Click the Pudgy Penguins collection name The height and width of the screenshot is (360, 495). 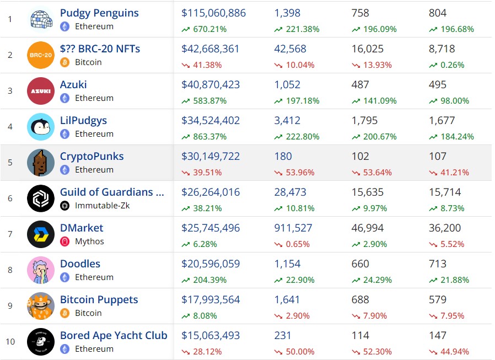coord(99,13)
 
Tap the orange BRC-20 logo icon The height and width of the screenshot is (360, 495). coord(41,55)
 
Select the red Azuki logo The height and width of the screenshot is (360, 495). coord(41,91)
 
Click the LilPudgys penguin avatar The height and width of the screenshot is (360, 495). coord(41,127)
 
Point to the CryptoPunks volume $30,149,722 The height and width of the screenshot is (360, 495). coord(210,156)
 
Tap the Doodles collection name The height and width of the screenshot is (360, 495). coord(80,264)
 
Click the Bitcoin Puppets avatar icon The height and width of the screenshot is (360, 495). coord(41,306)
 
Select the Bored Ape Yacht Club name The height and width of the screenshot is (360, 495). coord(114,335)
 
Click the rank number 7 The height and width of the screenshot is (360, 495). coord(10,234)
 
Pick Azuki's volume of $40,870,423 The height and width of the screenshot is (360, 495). coord(211,84)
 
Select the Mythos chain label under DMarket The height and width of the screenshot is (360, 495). coord(89,241)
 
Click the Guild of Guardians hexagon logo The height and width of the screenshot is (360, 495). coord(41,198)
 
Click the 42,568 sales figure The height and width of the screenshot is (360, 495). coord(290,49)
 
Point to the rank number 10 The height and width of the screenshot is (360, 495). coord(10,341)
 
